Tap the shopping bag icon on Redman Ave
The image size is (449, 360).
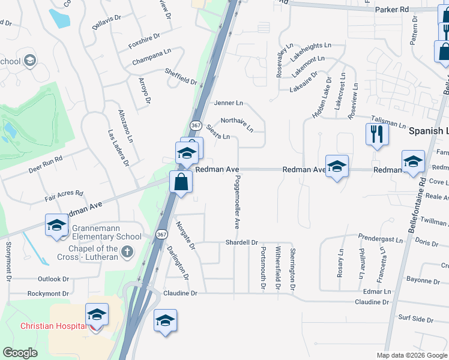coord(181,181)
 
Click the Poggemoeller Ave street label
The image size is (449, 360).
coord(237,202)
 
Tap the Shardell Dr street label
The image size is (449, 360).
coord(241,242)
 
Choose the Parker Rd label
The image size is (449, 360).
coord(391,10)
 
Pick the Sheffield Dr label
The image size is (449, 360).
coord(181,76)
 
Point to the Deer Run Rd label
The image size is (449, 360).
coord(46,165)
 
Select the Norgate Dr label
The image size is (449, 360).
coord(185,235)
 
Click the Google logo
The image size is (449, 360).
coord(20,353)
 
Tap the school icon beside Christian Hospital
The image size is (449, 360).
coord(97,314)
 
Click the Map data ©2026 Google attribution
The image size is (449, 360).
coord(411,355)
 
